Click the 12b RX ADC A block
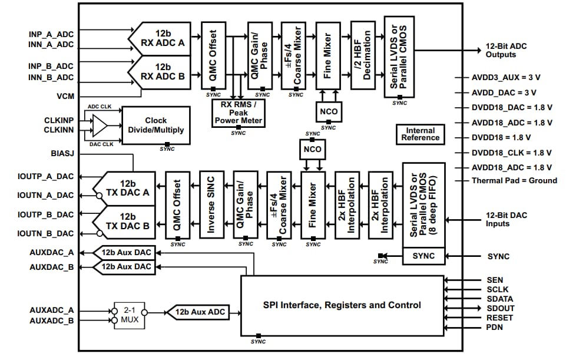click(x=163, y=38)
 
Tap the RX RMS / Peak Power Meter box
click(x=238, y=113)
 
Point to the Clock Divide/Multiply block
click(x=156, y=125)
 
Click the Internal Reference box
click(x=421, y=134)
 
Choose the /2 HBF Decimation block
click(x=363, y=55)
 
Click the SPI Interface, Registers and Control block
click(x=342, y=305)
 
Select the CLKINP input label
click(x=59, y=120)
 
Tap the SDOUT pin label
click(x=501, y=308)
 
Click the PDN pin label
click(x=495, y=327)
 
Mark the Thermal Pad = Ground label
click(x=512, y=181)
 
